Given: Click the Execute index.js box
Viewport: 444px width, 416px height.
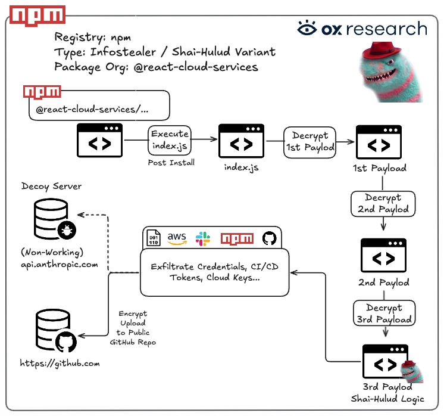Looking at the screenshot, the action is pos(170,140).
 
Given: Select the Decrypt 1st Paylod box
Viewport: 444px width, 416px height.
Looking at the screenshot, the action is pos(309,142).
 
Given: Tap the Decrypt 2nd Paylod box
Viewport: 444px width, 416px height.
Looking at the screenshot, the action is pos(383,204).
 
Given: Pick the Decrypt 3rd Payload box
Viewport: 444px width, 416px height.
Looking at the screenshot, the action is pos(384,313).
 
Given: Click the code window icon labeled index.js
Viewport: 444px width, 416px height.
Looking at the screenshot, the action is pos(241,141).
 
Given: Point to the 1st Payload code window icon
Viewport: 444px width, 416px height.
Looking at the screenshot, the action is pos(379,142).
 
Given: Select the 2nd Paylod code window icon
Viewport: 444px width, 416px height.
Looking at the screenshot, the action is pos(383,255).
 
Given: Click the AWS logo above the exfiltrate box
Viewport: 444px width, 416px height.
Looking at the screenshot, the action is pos(177,238).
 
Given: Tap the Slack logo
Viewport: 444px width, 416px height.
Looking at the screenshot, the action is pos(203,239).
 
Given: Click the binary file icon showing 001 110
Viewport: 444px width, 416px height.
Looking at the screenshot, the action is pos(154,238).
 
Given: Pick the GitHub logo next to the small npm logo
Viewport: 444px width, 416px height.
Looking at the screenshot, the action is pos(269,238).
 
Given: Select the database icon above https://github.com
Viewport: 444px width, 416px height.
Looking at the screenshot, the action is pos(56,330).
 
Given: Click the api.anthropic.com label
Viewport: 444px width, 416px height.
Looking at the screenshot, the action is pos(60,265).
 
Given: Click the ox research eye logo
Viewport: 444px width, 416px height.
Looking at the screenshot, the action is pos(307,28).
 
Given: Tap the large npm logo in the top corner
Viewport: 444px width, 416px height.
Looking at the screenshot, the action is pos(37,15).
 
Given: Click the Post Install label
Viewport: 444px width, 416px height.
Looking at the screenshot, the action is pos(171,163).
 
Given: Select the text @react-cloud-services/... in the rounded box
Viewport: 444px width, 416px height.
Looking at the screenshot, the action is pos(92,110).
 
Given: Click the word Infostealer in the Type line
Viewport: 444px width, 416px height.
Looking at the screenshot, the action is pos(123,52).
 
